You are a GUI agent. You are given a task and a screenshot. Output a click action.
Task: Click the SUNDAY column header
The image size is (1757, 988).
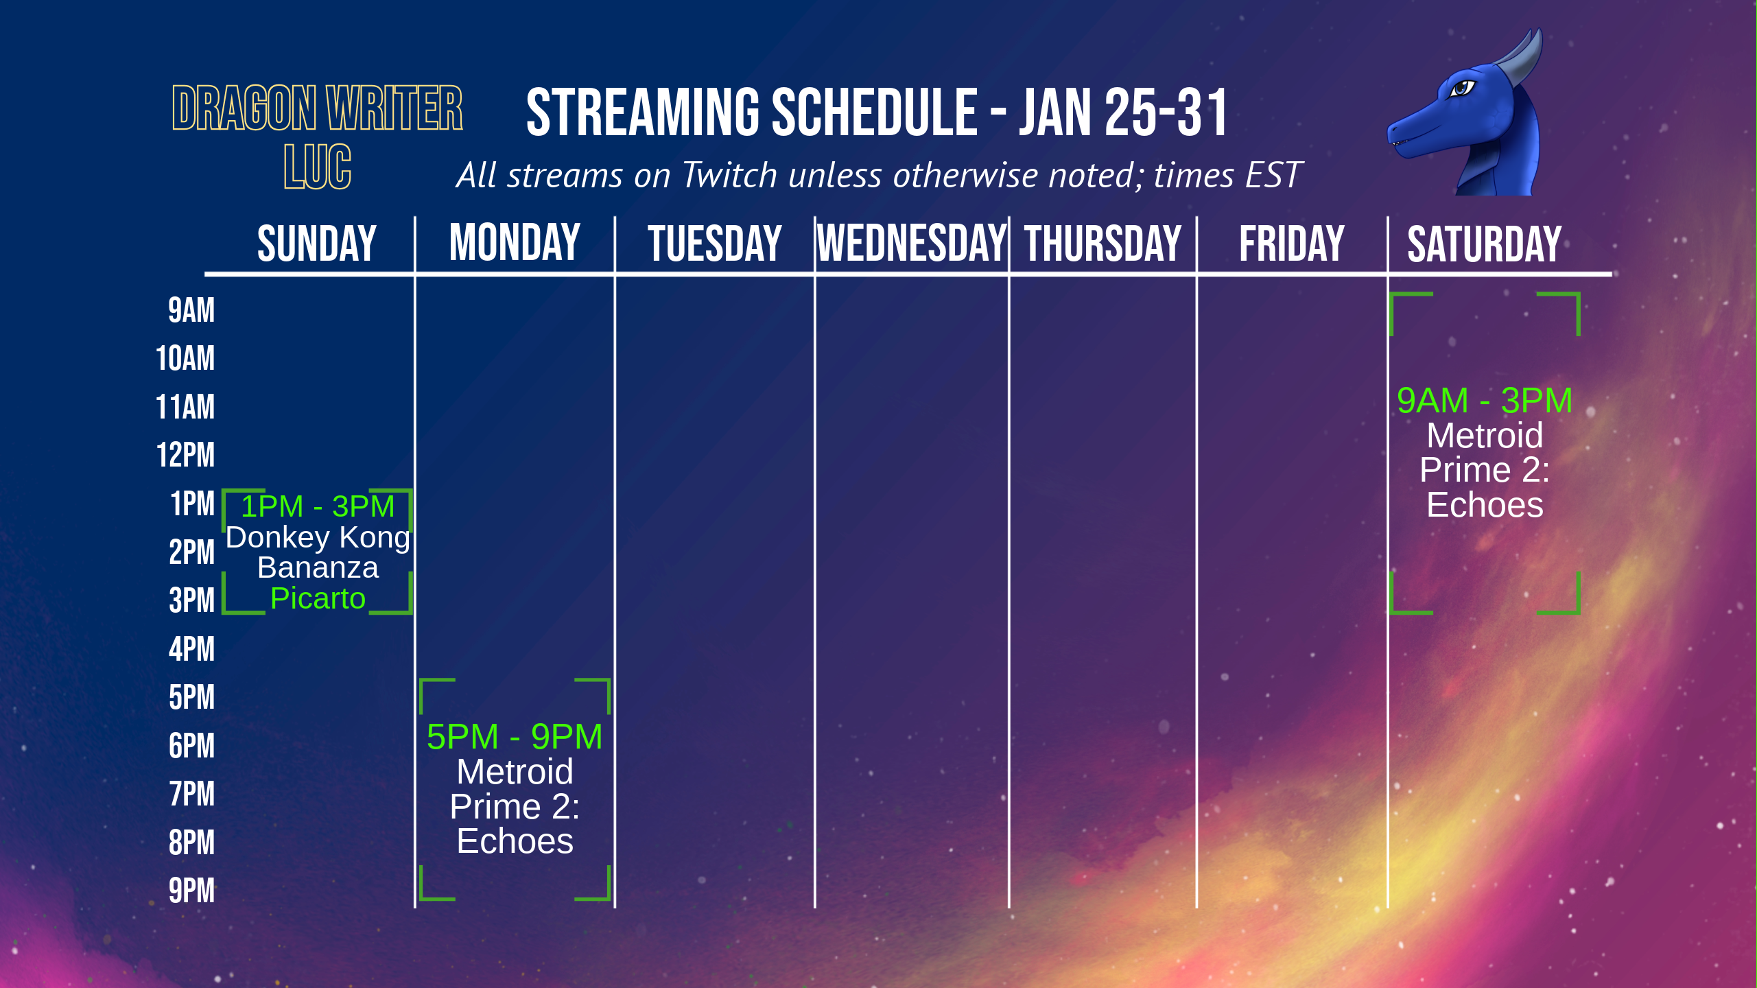point(317,244)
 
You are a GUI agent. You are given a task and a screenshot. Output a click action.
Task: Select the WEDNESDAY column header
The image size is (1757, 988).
point(912,243)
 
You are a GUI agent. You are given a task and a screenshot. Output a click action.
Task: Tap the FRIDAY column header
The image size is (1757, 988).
point(1292,244)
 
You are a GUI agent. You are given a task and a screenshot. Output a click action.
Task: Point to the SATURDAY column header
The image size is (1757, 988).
point(1485,244)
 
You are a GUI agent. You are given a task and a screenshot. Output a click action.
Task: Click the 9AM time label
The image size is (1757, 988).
point(191,310)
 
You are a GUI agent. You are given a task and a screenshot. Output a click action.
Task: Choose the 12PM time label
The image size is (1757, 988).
point(185,455)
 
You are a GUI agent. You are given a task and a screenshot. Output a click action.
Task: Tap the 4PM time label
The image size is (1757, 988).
point(191,649)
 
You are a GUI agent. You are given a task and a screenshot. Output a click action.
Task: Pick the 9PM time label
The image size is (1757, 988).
point(191,891)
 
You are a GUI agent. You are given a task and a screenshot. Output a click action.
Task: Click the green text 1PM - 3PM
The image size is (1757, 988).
point(318,507)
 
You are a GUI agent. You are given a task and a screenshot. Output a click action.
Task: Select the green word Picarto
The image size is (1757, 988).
point(318,599)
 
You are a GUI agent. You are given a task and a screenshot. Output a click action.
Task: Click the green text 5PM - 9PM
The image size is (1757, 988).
point(515,737)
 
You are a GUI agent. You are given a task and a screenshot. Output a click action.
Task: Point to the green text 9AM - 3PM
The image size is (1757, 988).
point(1485,401)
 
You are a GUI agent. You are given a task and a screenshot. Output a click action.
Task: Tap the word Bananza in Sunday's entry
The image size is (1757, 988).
point(318,568)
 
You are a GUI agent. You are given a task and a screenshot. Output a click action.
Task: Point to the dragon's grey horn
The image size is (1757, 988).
point(1523,58)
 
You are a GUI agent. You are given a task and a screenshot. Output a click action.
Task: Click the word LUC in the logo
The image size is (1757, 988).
point(318,167)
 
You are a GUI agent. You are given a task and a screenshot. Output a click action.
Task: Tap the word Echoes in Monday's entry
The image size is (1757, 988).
point(515,841)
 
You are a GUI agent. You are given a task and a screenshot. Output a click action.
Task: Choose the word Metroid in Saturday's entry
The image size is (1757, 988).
point(1485,436)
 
